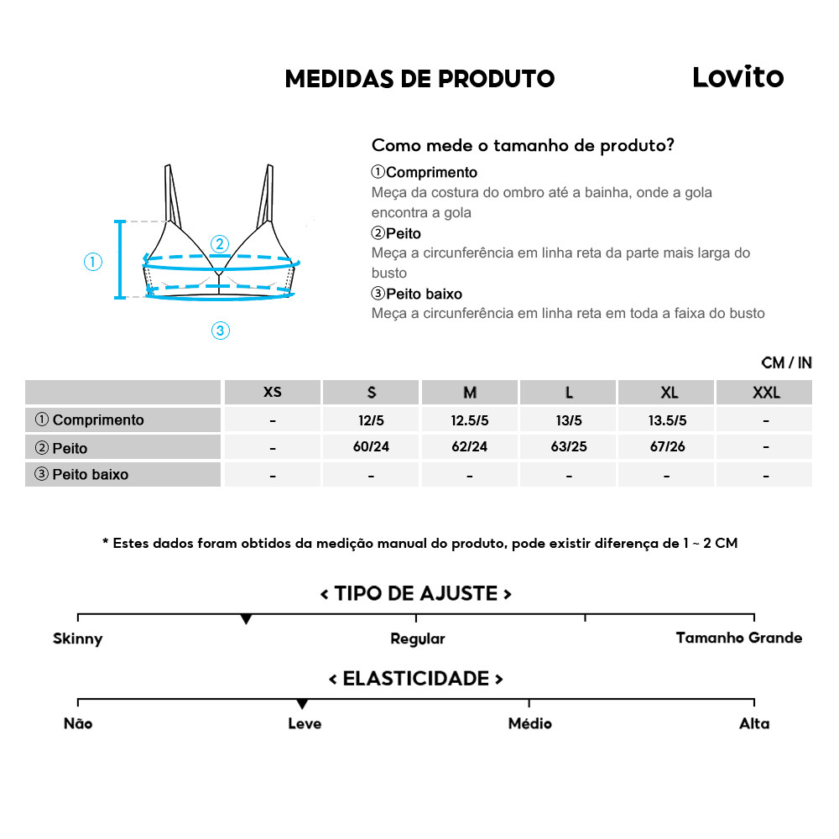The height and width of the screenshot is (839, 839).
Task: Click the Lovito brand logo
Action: pos(737,77)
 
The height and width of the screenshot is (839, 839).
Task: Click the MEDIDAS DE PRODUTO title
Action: pos(419,79)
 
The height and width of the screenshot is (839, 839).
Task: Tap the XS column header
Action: pos(273,393)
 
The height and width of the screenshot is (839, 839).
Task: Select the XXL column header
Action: pos(765,393)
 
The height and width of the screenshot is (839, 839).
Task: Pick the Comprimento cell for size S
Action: pos(371,420)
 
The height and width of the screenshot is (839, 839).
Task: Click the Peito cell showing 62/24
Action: pos(469,446)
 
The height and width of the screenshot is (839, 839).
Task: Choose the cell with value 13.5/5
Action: pos(668,420)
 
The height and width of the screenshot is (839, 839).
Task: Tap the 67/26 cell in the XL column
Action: pos(668,446)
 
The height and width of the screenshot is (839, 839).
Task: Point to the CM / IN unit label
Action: pos(786,362)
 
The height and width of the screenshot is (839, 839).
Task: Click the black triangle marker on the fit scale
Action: pos(246,619)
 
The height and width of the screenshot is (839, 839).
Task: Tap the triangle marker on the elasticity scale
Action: pos(302,704)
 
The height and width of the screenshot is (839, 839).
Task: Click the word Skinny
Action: pos(77,638)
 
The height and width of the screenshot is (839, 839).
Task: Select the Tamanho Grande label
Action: pos(738,638)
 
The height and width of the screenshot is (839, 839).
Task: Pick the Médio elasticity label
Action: pos(529,723)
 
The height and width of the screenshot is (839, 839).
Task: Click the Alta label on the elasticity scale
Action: pos(753,723)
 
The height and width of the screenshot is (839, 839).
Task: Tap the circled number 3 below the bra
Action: pos(220,331)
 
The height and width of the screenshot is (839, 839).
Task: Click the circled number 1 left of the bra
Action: pos(93,262)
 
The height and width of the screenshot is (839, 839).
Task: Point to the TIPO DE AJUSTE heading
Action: pos(416,594)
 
